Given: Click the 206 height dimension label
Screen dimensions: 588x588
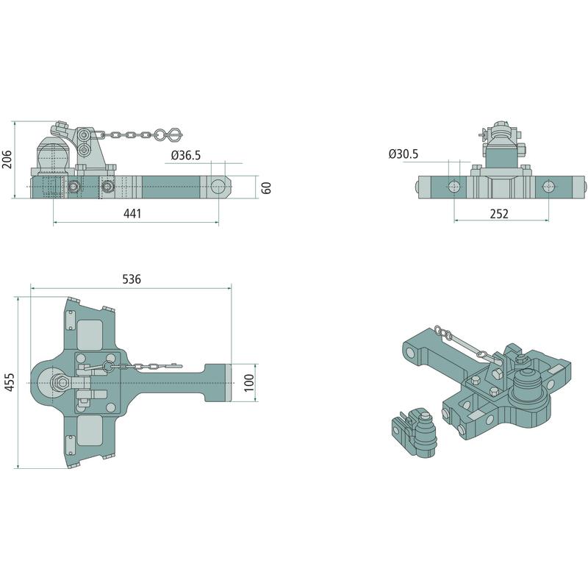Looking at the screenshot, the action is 7,159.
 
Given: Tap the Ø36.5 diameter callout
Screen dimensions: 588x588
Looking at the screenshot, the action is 186,155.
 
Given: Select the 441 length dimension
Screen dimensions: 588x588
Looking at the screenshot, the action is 132,213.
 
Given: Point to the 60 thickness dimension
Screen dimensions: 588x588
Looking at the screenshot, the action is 266,187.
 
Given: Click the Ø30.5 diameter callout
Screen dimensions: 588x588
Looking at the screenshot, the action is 404,154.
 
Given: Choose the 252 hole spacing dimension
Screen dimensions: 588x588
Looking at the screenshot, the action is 499,213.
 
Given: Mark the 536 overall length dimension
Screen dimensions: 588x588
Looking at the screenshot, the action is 132,279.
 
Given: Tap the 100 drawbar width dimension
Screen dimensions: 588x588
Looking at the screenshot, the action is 249,382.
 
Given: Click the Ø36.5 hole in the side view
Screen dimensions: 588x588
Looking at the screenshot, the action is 218,187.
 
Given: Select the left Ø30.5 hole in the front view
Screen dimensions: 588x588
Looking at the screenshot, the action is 453,187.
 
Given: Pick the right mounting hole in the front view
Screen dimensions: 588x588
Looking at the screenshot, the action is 548,187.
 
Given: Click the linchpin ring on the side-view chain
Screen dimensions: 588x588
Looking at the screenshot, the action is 160,135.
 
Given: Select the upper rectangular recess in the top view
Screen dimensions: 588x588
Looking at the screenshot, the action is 90,334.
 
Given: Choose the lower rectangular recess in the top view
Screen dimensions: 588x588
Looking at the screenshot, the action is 90,431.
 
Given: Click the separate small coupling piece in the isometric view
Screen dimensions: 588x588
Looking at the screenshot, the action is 415,432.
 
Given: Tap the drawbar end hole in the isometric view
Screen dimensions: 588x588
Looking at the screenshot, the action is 410,353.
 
